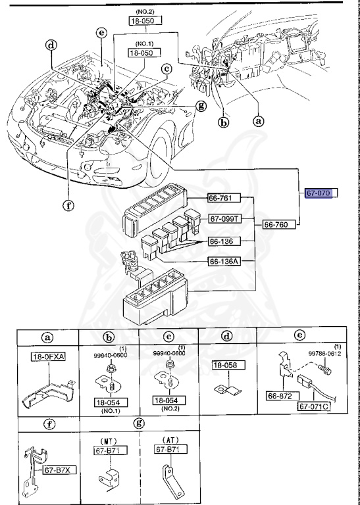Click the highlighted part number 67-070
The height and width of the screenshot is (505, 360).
pyautogui.click(x=321, y=193)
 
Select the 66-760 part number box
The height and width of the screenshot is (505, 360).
pyautogui.click(x=278, y=224)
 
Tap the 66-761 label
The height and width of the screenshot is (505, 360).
pyautogui.click(x=223, y=198)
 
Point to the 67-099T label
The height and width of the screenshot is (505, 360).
pyautogui.click(x=225, y=218)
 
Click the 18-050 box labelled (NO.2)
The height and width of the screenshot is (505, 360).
pyautogui.click(x=145, y=21)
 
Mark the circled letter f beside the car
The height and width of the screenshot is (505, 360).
pyautogui.click(x=67, y=204)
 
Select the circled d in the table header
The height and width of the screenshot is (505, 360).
pyautogui.click(x=227, y=336)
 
